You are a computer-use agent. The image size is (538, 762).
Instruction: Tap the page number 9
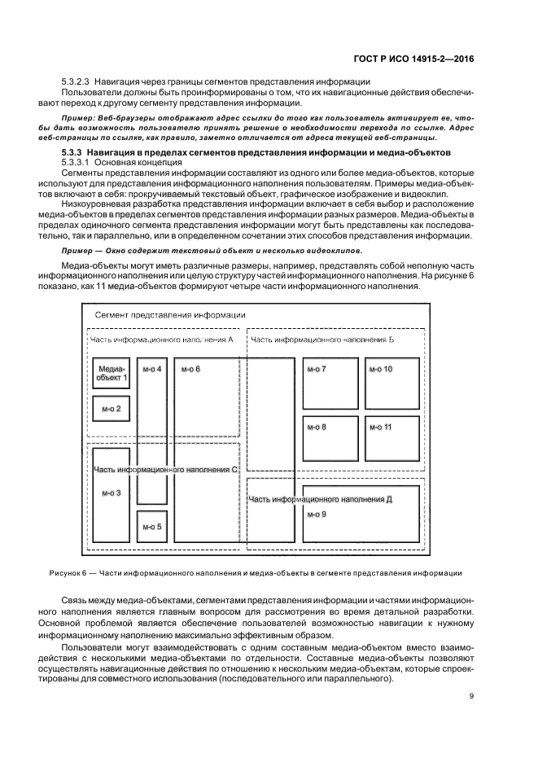[471, 695]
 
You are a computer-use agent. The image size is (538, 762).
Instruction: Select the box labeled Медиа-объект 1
[112, 373]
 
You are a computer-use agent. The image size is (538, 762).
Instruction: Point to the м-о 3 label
[112, 493]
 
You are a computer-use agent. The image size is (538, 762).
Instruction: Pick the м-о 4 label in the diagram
[152, 370]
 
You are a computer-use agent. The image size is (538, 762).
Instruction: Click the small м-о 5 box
[152, 526]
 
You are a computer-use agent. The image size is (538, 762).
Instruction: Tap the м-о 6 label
[190, 370]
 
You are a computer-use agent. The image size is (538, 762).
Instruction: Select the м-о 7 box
[330, 384]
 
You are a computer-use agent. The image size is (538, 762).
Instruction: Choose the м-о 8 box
[330, 439]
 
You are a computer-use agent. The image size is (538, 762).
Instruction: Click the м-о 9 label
[317, 515]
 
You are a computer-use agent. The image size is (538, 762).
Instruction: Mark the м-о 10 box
[392, 384]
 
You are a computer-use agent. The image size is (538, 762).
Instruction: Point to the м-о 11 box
[392, 439]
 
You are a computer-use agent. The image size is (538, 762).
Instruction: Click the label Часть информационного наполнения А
[162, 339]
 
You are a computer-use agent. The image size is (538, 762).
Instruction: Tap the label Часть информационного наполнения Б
[322, 339]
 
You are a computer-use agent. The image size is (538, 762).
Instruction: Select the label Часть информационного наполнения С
[165, 470]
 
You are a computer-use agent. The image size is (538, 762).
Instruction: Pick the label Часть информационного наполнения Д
[321, 500]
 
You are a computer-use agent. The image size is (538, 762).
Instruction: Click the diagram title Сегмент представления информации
[170, 315]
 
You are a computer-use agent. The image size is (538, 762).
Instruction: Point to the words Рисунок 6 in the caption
[68, 573]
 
